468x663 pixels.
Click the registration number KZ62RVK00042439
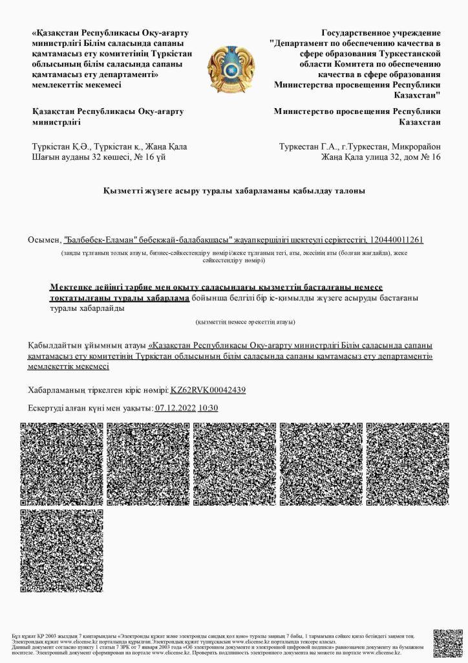click(x=207, y=390)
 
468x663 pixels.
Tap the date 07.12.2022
click(x=175, y=408)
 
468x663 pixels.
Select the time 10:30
click(x=208, y=408)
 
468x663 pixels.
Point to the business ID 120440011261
click(x=392, y=240)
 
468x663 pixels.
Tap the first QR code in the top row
click(x=61, y=464)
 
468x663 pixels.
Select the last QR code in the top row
click(x=407, y=464)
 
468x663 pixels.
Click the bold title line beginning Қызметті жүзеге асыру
click(x=234, y=191)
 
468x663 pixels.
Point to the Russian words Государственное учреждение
click(x=381, y=32)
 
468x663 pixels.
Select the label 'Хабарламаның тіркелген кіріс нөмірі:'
click(x=98, y=390)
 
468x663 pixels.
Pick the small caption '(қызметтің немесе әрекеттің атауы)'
click(x=245, y=322)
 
